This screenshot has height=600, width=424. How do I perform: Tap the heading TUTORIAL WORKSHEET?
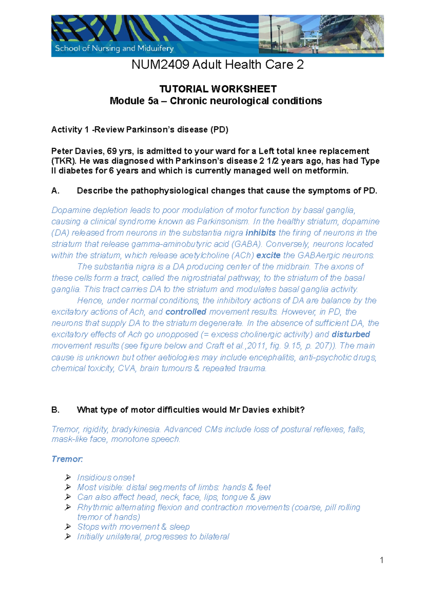(x=218, y=89)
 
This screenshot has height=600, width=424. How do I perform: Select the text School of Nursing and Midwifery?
(x=114, y=48)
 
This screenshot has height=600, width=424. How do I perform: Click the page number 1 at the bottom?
(x=381, y=560)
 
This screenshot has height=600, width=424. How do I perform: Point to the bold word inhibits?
(x=260, y=233)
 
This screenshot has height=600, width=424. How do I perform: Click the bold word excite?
(x=268, y=255)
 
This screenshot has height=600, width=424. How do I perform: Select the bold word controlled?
(x=186, y=312)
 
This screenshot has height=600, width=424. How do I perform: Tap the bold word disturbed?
(x=351, y=335)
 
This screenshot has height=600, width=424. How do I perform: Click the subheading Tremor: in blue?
(x=67, y=459)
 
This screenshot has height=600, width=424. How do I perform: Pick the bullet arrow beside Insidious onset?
(x=68, y=478)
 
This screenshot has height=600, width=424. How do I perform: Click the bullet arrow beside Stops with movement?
(x=68, y=527)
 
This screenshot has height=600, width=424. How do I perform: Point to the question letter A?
(x=55, y=191)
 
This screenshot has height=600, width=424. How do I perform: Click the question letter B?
(x=55, y=410)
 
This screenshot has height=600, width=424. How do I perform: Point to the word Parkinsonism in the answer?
(x=223, y=222)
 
